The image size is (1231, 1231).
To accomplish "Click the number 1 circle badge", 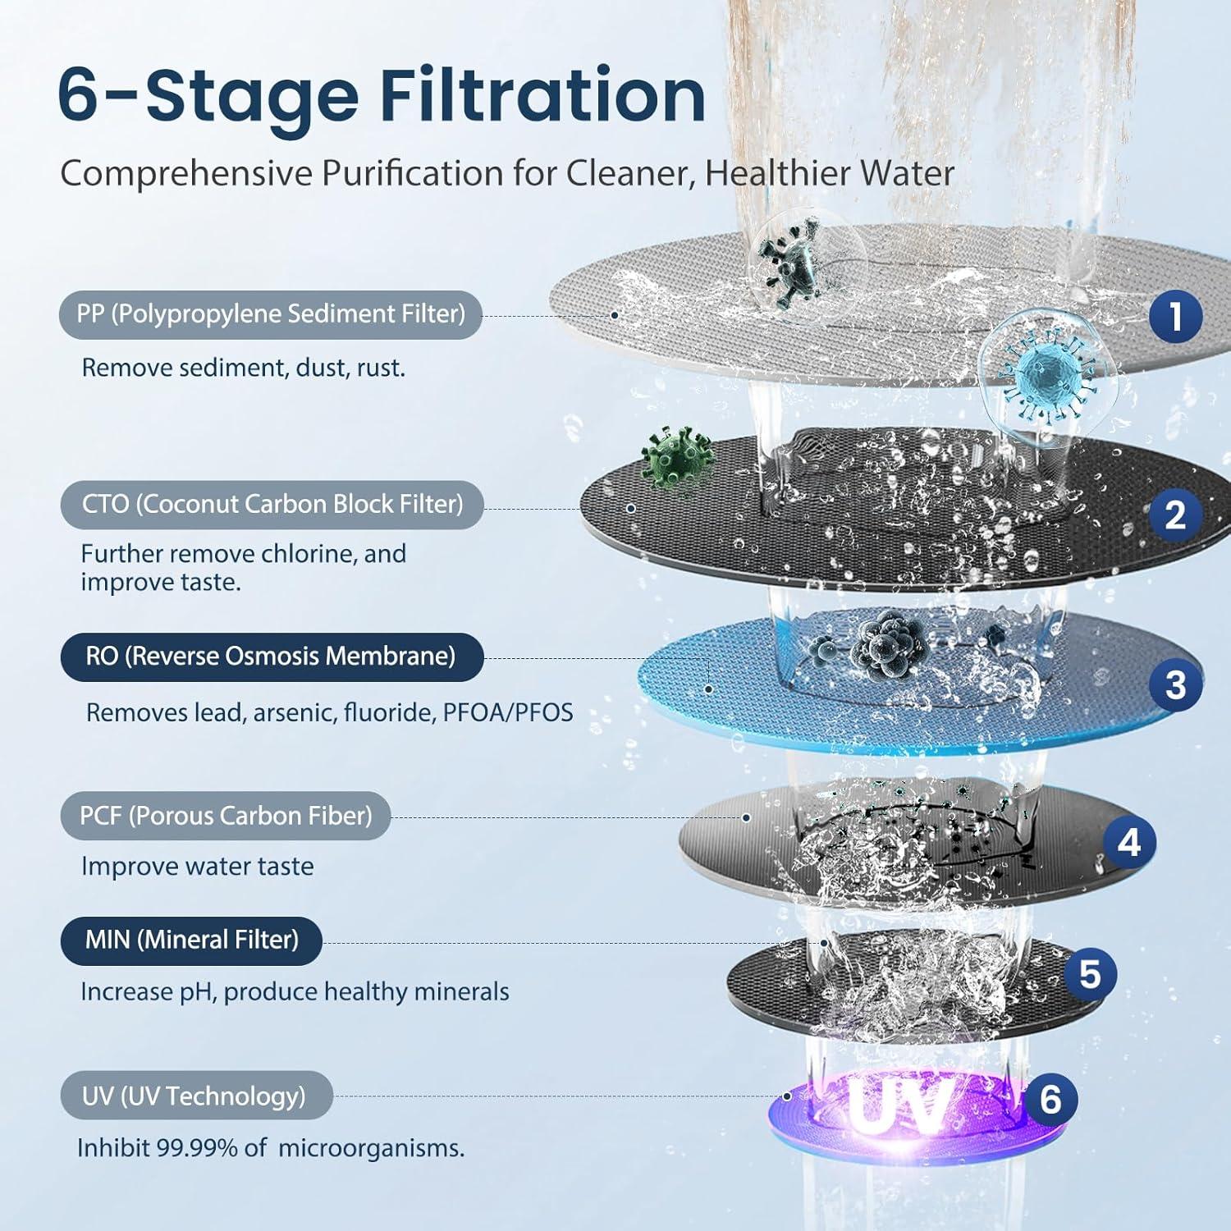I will pos(1175,316).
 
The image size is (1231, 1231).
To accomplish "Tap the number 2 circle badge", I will pos(1175,515).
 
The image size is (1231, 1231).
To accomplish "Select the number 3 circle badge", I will pos(1175,684).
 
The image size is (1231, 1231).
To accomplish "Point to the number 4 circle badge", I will pos(1129,842).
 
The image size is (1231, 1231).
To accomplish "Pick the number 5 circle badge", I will pos(1089,974).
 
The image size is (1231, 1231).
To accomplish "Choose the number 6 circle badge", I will pos(1050,1099).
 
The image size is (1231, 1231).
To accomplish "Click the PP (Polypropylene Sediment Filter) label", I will pos(270,314).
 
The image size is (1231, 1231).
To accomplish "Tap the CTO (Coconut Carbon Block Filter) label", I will pos(272,504).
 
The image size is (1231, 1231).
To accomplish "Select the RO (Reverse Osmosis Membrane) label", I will pos(271,657).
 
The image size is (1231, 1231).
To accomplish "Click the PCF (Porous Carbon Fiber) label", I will pos(225,816).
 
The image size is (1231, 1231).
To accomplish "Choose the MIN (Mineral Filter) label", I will pos(191,940).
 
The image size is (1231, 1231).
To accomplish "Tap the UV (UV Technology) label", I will pos(195,1096).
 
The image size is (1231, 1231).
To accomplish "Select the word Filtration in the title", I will pos(542,96).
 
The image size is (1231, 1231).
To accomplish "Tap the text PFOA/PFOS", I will pos(508,712).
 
